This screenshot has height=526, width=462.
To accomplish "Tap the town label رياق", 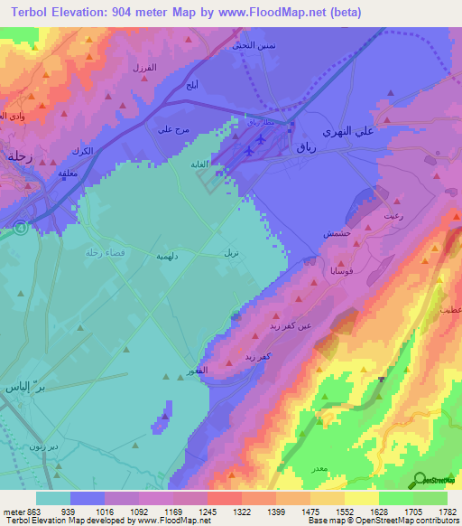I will tap(308, 155).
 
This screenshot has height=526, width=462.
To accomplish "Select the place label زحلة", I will tap(19, 155).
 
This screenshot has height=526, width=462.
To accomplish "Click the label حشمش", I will tap(337, 233).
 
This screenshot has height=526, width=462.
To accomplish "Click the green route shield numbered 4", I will tap(17, 230).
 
